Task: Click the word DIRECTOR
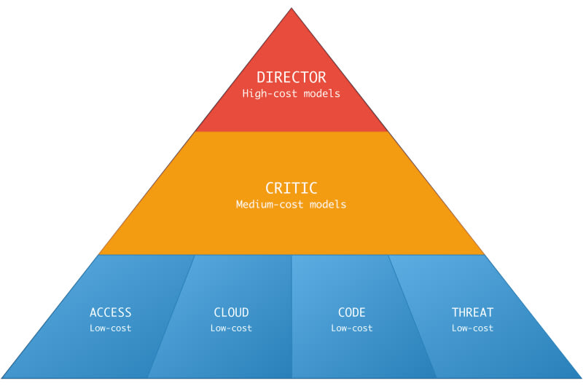point(291,77)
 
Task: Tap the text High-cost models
point(291,93)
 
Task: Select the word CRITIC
point(291,188)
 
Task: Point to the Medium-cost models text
point(291,204)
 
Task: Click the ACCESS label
point(111,312)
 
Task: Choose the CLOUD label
point(231,312)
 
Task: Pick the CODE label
point(352,312)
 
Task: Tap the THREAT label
point(472,312)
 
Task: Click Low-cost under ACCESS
point(111,328)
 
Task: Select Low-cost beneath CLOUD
point(231,328)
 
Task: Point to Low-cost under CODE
point(352,328)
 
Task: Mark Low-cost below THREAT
point(472,328)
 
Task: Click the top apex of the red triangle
point(291,8)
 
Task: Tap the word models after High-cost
point(322,93)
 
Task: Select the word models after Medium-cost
point(329,204)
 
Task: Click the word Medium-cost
point(270,204)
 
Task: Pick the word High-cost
point(270,93)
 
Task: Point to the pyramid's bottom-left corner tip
point(1,378)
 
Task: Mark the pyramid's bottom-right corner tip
point(582,378)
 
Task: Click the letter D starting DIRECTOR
point(261,77)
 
